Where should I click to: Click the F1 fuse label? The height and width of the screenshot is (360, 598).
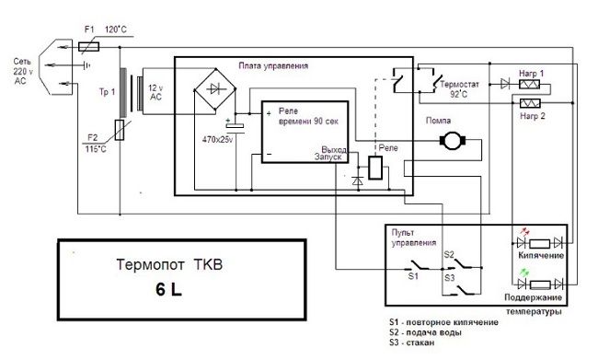click(x=89, y=29)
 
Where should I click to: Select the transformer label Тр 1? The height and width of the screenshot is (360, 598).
click(x=108, y=91)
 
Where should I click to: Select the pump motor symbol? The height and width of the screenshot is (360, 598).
click(x=454, y=139)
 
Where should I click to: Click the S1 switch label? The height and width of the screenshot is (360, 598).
click(x=413, y=274)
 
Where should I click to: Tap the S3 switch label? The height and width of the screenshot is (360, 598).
click(x=450, y=276)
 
